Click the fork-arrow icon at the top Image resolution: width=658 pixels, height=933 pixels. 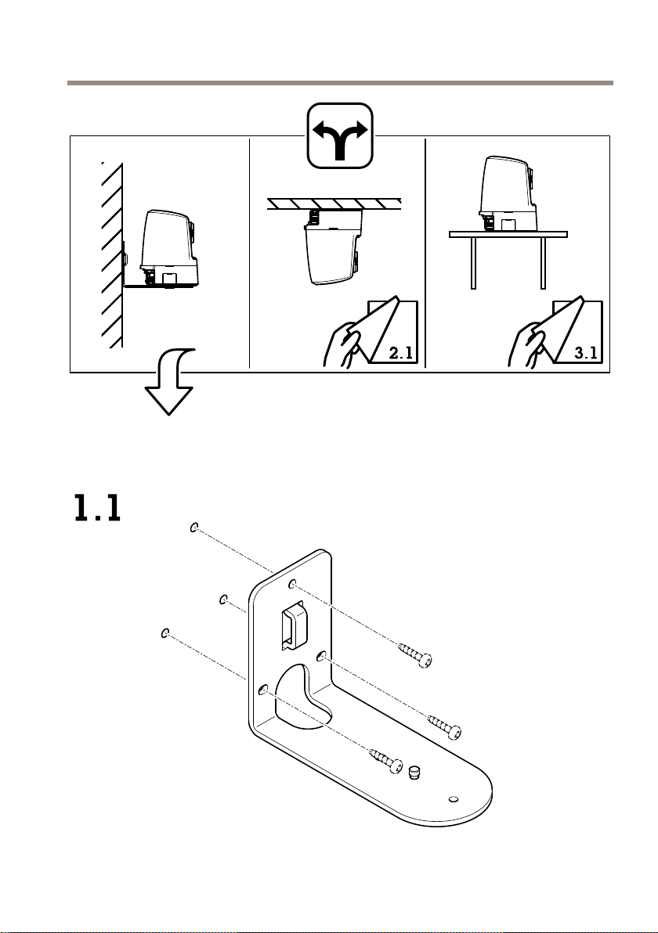point(340,135)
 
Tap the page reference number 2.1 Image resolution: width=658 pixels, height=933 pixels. point(401,353)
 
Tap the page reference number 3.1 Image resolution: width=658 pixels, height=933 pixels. point(585,353)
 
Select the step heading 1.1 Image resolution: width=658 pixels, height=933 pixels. point(98,508)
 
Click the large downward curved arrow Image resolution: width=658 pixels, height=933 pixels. point(172,381)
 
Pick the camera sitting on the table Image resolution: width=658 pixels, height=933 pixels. point(510,193)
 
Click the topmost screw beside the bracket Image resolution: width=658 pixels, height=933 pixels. point(414,654)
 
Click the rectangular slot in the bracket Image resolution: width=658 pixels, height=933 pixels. point(294,625)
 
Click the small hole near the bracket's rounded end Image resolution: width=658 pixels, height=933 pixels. point(454,798)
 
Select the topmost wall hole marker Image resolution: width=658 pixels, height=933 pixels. point(194,528)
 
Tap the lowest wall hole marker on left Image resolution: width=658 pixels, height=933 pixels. point(165,632)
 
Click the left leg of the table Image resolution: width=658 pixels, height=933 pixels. point(473,263)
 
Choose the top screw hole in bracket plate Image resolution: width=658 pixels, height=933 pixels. point(292,585)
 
